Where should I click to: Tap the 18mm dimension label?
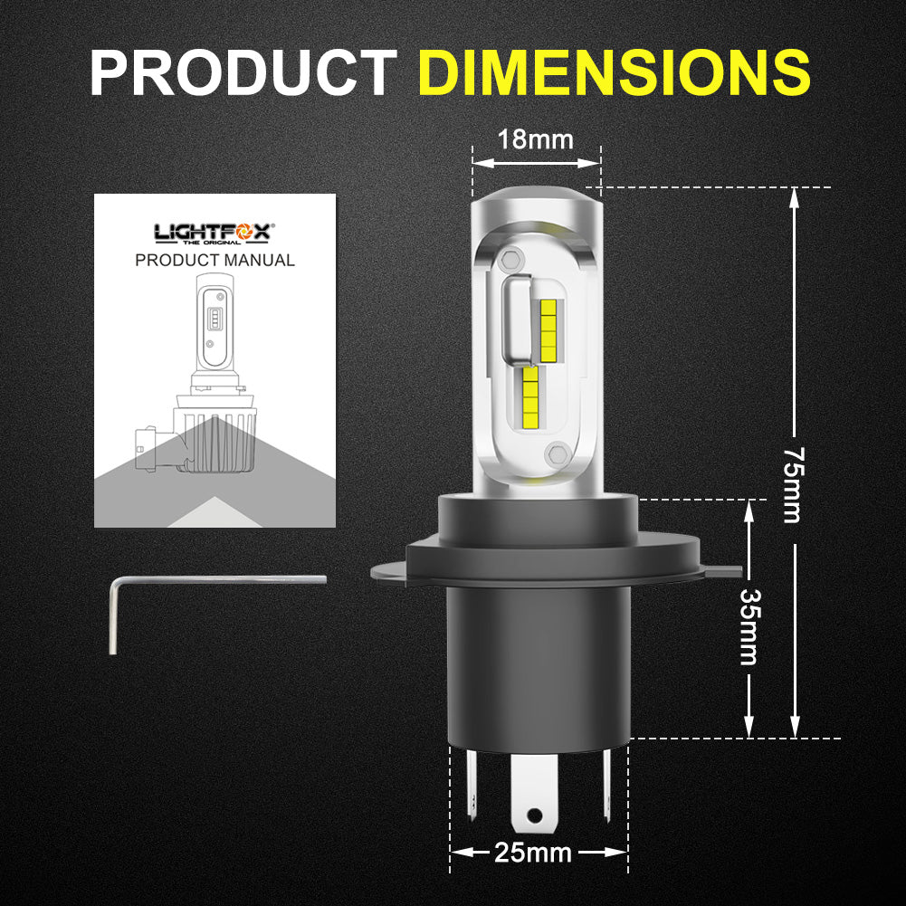(x=536, y=139)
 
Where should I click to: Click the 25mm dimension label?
(x=533, y=852)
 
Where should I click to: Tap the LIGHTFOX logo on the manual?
(x=214, y=234)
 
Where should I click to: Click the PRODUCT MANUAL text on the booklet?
(x=215, y=261)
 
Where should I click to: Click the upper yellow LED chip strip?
(x=548, y=325)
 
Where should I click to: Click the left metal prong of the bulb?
(x=470, y=778)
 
